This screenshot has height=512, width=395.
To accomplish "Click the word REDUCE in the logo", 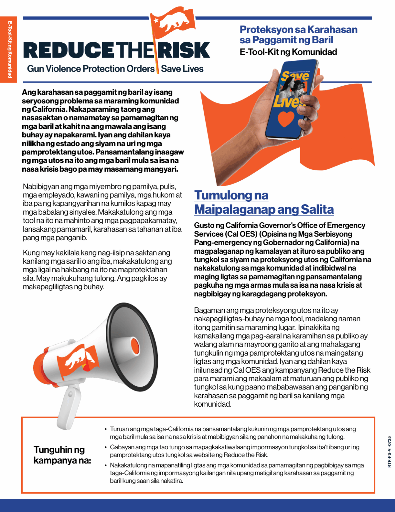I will click(x=68, y=50).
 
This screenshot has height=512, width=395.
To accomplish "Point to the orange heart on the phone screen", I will click(x=286, y=119).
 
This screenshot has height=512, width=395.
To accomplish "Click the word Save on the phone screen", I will click(x=295, y=76).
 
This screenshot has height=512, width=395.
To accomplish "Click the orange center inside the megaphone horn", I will click(x=135, y=345).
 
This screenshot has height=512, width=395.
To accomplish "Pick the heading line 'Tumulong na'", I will click(x=231, y=195).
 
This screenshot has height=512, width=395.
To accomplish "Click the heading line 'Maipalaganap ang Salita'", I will click(x=264, y=209).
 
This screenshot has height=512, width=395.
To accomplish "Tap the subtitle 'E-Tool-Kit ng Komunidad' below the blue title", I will click(x=288, y=52).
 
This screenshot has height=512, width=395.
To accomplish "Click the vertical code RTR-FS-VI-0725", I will click(x=389, y=452).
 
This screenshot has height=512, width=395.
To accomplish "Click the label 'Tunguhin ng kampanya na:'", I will click(x=62, y=455).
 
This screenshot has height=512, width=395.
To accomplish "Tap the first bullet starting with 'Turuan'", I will click(x=233, y=433).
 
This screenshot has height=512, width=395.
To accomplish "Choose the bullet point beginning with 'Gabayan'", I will click(x=234, y=451).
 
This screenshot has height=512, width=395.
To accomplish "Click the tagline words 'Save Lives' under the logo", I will click(x=182, y=69).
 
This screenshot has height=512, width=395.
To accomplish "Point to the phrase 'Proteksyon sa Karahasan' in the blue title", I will click(x=298, y=30).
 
